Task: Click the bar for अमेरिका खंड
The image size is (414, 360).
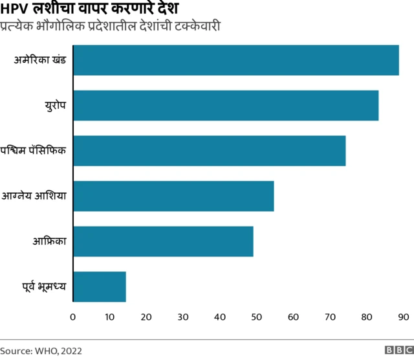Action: pyautogui.click(x=236, y=60)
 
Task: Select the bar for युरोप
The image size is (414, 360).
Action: pyautogui.click(x=226, y=106)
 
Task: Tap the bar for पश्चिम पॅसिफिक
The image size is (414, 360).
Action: pyautogui.click(x=210, y=151)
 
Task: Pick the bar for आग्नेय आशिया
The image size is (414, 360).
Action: pyautogui.click(x=173, y=196)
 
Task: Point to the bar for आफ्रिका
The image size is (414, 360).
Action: pyautogui.click(x=163, y=242)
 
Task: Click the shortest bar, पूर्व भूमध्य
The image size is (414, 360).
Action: pyautogui.click(x=100, y=287)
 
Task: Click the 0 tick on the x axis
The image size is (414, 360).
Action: pyautogui.click(x=73, y=317)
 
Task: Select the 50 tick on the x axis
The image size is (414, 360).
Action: pyautogui.click(x=256, y=317)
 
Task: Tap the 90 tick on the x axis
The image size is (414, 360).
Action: pyautogui.click(x=403, y=317)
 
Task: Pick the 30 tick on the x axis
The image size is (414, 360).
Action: pyautogui.click(x=183, y=317)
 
